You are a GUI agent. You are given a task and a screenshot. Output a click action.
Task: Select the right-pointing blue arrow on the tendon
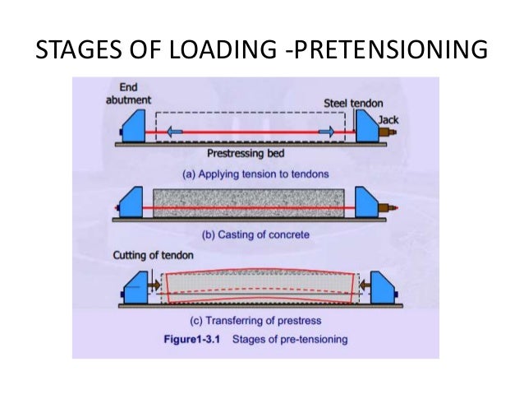point(326,131)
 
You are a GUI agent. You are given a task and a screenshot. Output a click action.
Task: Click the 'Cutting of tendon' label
point(145,255)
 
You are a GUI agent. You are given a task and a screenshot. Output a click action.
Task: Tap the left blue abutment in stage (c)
point(134,288)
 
